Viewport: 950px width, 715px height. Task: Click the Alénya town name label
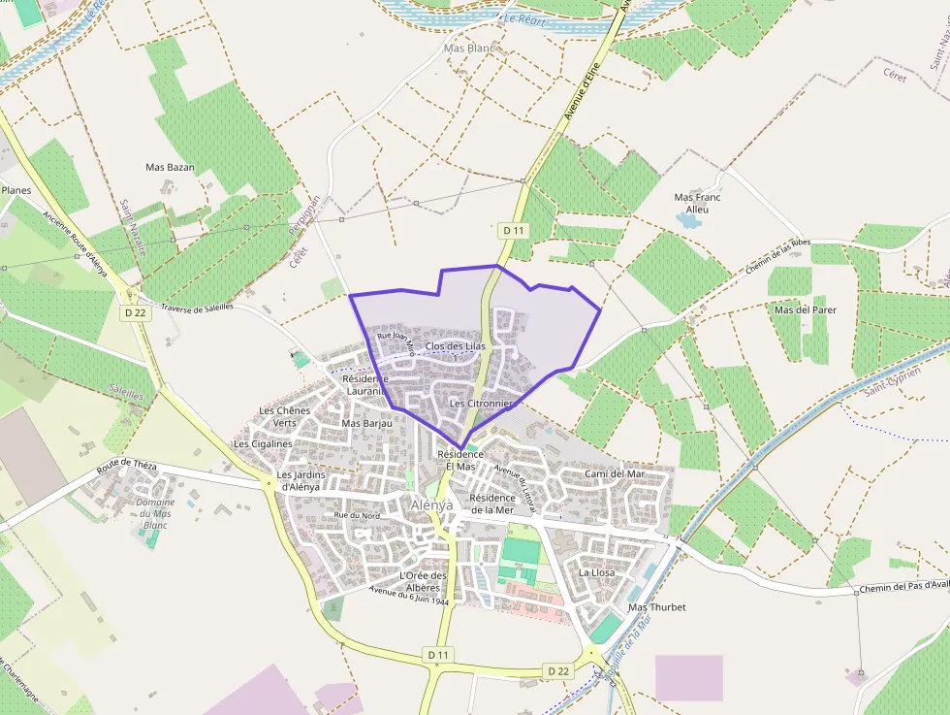431,505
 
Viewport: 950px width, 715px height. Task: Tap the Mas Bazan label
170,167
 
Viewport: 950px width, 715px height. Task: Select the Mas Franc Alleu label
697,203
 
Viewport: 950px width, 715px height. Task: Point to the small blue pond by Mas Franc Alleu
688,221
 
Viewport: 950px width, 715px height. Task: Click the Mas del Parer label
805,309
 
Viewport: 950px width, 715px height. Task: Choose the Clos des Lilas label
455,346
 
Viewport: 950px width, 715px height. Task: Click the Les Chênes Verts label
284,416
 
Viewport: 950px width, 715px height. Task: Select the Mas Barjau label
366,423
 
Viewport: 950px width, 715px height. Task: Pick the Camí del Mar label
615,473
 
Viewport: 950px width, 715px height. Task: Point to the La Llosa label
596,572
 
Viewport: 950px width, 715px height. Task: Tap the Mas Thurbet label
656,607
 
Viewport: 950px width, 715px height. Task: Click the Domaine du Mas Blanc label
155,513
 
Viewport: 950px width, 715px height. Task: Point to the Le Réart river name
524,18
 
